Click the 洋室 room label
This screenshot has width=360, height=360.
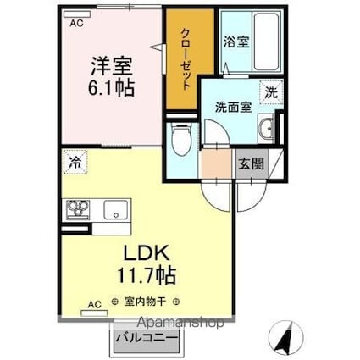click(x=112, y=66)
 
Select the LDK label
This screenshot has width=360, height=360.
click(x=147, y=252)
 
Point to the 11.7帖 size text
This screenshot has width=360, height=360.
click(x=147, y=274)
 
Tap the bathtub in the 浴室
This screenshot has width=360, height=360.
click(x=266, y=41)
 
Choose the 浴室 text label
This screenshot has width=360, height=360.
click(x=236, y=42)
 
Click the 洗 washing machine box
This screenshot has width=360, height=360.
click(x=271, y=92)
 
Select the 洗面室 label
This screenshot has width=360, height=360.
click(x=233, y=108)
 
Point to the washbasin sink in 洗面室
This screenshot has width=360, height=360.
click(x=266, y=129)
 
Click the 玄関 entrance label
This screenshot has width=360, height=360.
click(x=251, y=163)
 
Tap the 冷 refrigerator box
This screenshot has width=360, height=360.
click(x=75, y=162)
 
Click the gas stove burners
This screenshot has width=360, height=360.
click(x=78, y=210)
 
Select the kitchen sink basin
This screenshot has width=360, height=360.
click(x=116, y=210)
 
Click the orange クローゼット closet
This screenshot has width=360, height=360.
click(x=190, y=58)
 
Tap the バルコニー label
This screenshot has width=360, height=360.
click(x=147, y=337)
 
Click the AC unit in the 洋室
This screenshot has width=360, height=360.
click(x=77, y=14)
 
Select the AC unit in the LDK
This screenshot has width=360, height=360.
click(x=94, y=313)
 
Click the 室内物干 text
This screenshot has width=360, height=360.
click(x=145, y=302)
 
